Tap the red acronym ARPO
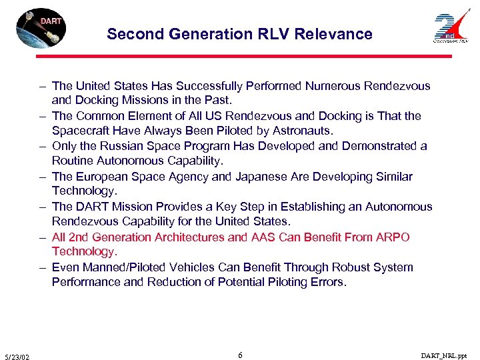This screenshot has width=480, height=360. point(394,237)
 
